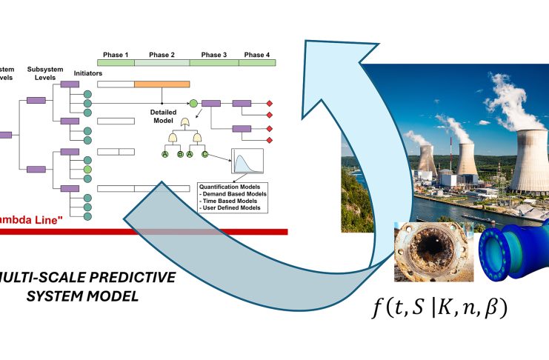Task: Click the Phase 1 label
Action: click(x=116, y=55)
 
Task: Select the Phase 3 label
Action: click(x=214, y=55)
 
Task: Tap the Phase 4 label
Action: click(x=257, y=55)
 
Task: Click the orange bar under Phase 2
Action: click(x=162, y=85)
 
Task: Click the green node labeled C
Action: click(x=205, y=154)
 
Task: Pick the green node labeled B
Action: click(x=180, y=154)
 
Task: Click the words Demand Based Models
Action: click(x=234, y=194)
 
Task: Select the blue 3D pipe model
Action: click(x=512, y=256)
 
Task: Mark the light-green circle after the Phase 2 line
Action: click(x=193, y=104)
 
